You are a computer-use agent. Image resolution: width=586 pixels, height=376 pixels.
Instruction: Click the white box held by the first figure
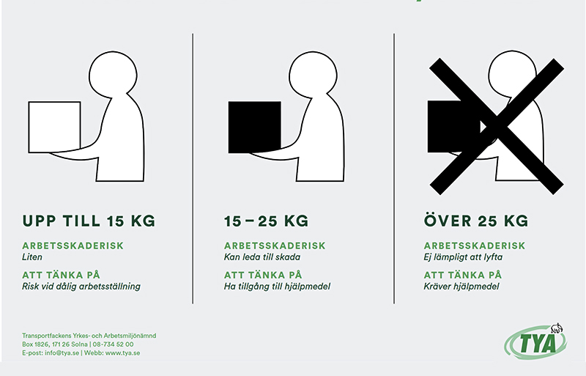point(54,128)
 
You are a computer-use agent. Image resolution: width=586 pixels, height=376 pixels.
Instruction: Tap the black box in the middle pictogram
point(254,128)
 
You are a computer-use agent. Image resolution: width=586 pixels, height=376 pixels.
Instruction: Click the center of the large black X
point(497,127)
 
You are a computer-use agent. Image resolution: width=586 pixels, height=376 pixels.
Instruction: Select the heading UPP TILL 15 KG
point(89,221)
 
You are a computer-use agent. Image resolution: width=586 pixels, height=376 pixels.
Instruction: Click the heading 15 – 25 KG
point(266,221)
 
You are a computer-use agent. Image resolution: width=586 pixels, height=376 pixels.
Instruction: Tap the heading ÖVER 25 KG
point(476,220)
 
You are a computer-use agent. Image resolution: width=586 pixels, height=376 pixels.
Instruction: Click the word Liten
point(32,257)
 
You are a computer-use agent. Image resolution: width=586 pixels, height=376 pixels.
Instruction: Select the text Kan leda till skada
point(262,257)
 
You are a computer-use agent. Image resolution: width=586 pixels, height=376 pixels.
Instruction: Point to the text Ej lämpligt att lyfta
point(463,257)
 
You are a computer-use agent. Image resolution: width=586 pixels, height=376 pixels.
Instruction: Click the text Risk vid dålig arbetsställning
point(81,287)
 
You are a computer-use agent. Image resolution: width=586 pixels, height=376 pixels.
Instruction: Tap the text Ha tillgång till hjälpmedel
point(277,287)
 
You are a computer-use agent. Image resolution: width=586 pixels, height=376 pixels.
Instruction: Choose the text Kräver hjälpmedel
point(461,287)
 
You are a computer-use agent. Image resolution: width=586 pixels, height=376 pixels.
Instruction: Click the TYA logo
point(535,342)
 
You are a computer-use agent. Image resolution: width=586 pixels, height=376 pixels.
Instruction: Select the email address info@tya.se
point(62,353)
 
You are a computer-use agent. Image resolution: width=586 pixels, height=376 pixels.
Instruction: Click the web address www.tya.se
point(122,353)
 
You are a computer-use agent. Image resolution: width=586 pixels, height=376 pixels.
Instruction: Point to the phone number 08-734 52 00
point(113,344)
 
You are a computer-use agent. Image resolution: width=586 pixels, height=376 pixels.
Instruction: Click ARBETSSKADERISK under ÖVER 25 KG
point(475,246)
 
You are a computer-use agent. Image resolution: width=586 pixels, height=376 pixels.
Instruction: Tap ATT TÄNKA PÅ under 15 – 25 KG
point(263,275)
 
